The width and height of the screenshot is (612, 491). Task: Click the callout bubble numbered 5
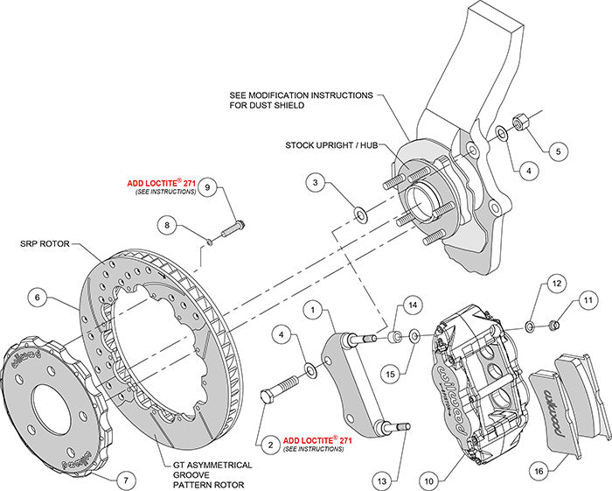(557, 151)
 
